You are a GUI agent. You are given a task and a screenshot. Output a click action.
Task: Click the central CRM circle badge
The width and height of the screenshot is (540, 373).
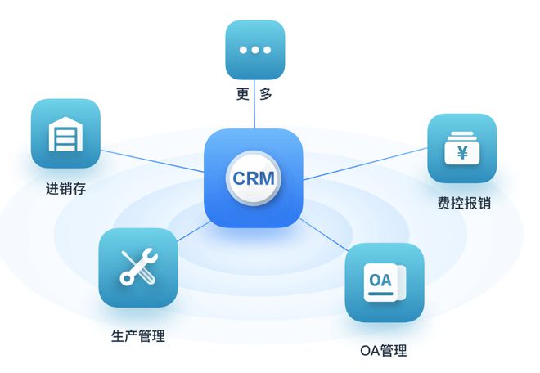[254, 178]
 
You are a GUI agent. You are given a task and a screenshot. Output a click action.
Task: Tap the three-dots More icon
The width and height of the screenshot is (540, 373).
[254, 50]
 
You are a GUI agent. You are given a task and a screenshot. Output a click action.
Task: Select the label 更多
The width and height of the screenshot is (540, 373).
[254, 94]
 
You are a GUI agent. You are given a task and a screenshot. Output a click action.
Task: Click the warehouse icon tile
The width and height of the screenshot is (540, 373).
[65, 133]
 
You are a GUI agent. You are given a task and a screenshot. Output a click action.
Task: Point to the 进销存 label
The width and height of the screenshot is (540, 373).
[65, 190]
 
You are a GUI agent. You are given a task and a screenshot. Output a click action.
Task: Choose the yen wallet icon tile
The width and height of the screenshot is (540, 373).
[462, 148]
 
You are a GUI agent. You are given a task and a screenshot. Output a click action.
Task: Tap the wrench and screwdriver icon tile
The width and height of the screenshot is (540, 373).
[137, 267]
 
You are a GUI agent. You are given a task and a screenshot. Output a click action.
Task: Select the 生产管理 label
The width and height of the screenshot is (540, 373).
[137, 335]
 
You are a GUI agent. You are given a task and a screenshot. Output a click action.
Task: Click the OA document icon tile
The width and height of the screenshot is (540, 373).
[384, 282]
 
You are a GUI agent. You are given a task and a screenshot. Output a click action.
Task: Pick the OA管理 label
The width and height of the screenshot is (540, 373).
[383, 351]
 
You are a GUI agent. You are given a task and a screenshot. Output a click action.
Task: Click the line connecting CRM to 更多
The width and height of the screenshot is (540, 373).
[254, 115]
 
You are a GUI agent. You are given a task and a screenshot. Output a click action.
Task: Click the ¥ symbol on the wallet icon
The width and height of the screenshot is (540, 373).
[462, 152]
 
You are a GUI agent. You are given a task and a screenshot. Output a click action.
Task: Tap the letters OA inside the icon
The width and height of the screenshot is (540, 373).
[380, 280]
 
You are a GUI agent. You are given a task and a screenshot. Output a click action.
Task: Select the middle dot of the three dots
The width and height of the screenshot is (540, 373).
[254, 50]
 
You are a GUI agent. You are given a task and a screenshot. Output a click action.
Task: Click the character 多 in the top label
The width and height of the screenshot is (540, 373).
[266, 94]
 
